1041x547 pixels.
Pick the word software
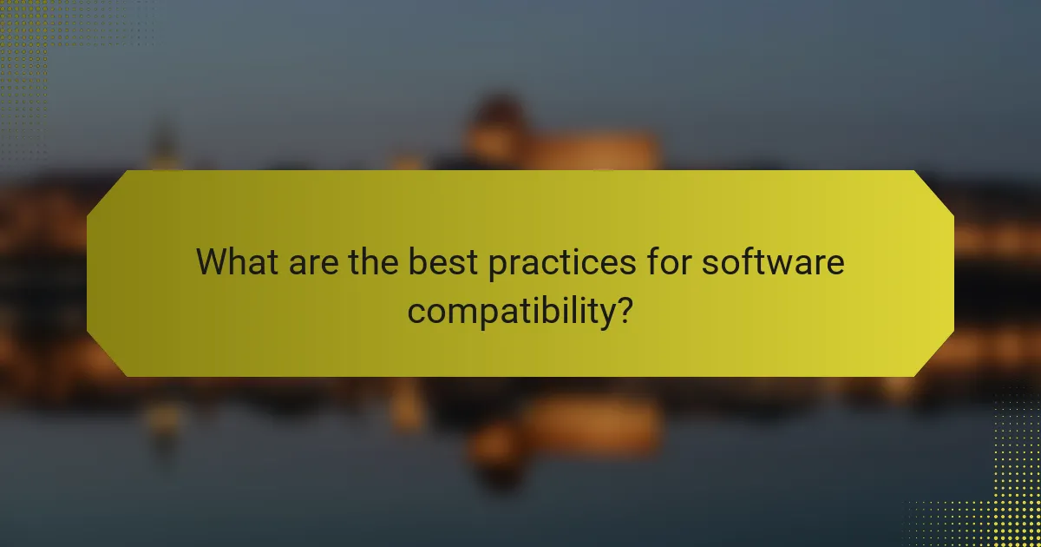coord(773,261)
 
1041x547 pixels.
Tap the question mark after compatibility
coord(622,308)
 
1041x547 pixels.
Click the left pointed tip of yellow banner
coord(88,273)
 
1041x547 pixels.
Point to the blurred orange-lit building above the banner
coord(564,143)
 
